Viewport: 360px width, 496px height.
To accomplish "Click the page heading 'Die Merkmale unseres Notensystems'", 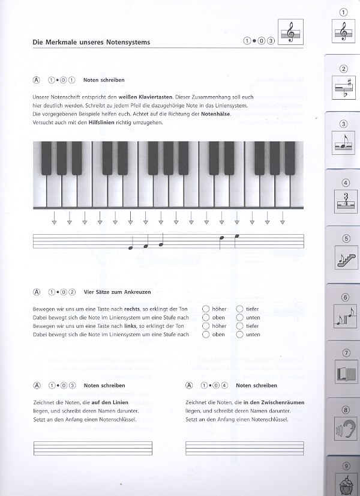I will tap(91, 42).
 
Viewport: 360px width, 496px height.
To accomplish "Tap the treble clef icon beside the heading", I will tap(292, 31).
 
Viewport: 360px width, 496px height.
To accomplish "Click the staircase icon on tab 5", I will tap(344, 259).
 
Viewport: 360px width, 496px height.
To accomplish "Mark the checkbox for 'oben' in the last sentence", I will tap(206, 334).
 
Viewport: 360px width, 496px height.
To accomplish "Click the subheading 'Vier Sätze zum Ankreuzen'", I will tap(118, 292).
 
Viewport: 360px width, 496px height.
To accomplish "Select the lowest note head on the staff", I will tap(131, 248).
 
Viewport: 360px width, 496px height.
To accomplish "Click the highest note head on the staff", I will tap(237, 236).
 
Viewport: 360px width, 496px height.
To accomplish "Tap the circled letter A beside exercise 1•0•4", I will tap(190, 386).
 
